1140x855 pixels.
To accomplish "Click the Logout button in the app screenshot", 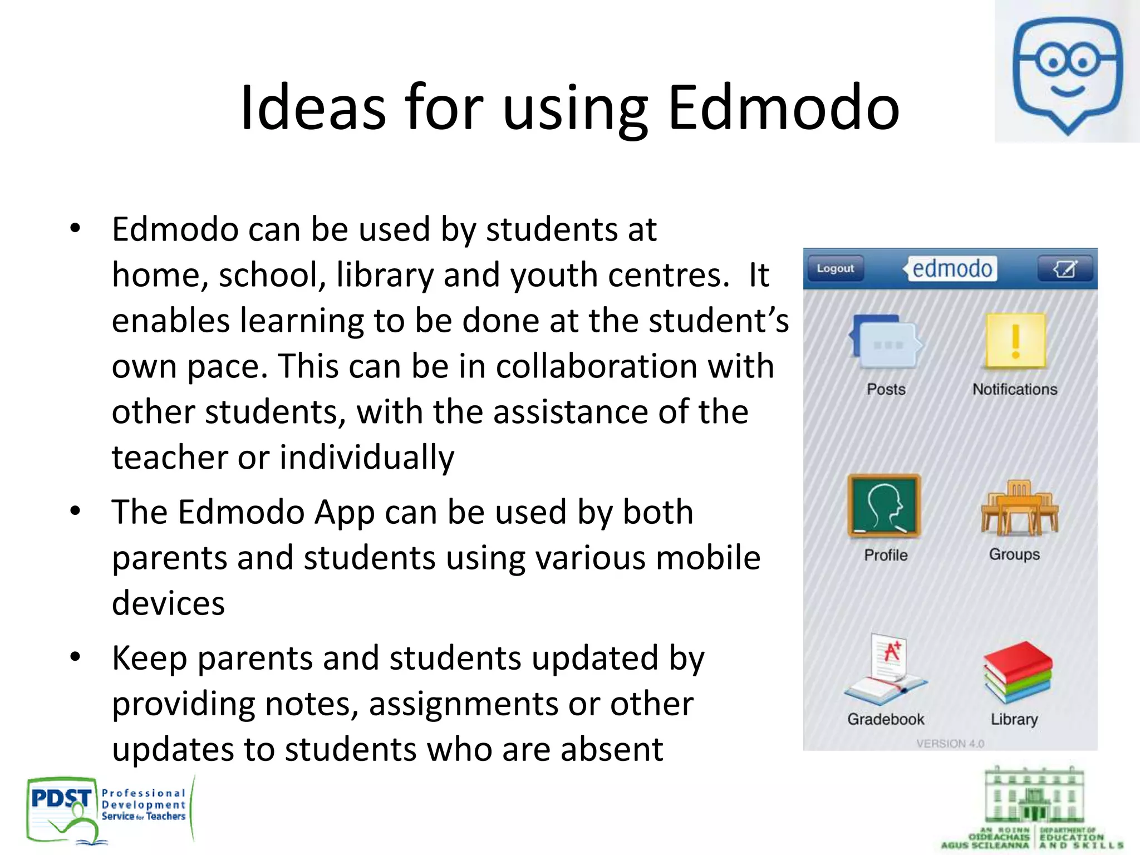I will click(835, 269).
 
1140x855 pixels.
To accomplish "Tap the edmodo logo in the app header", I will click(951, 269).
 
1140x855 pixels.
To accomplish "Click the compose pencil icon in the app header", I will click(1065, 269).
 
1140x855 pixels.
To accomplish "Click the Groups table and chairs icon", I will click(1019, 507).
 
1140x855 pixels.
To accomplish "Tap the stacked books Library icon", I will click(1017, 672).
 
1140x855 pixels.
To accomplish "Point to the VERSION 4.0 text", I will click(950, 744).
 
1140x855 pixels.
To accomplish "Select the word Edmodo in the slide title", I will click(783, 107).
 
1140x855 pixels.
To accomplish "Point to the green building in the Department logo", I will click(1034, 796).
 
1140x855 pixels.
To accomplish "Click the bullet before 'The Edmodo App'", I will click(76, 511).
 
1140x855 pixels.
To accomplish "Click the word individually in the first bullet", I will click(367, 458).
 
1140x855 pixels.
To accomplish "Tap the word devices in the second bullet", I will click(168, 603).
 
